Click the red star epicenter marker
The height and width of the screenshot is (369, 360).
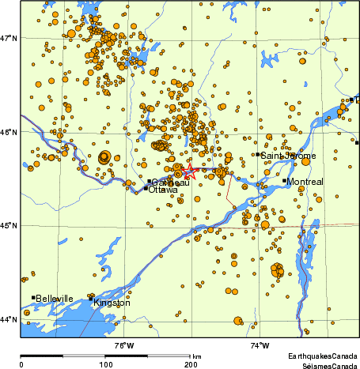click(x=188, y=171)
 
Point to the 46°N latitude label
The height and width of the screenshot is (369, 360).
click(x=9, y=132)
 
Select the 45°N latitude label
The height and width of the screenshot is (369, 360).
click(x=9, y=226)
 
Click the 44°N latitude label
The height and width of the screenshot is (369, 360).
click(x=9, y=319)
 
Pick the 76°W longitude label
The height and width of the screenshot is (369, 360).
click(x=124, y=345)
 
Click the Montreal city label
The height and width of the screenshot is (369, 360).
click(x=306, y=182)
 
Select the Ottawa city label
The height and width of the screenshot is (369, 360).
click(x=163, y=190)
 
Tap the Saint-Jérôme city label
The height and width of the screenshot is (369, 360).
click(x=289, y=156)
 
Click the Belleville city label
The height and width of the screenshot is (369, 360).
click(x=55, y=299)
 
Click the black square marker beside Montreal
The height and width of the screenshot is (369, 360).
click(x=284, y=181)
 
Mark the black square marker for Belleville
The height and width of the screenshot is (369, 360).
click(x=33, y=298)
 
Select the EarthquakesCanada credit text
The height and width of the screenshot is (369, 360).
click(x=323, y=357)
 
